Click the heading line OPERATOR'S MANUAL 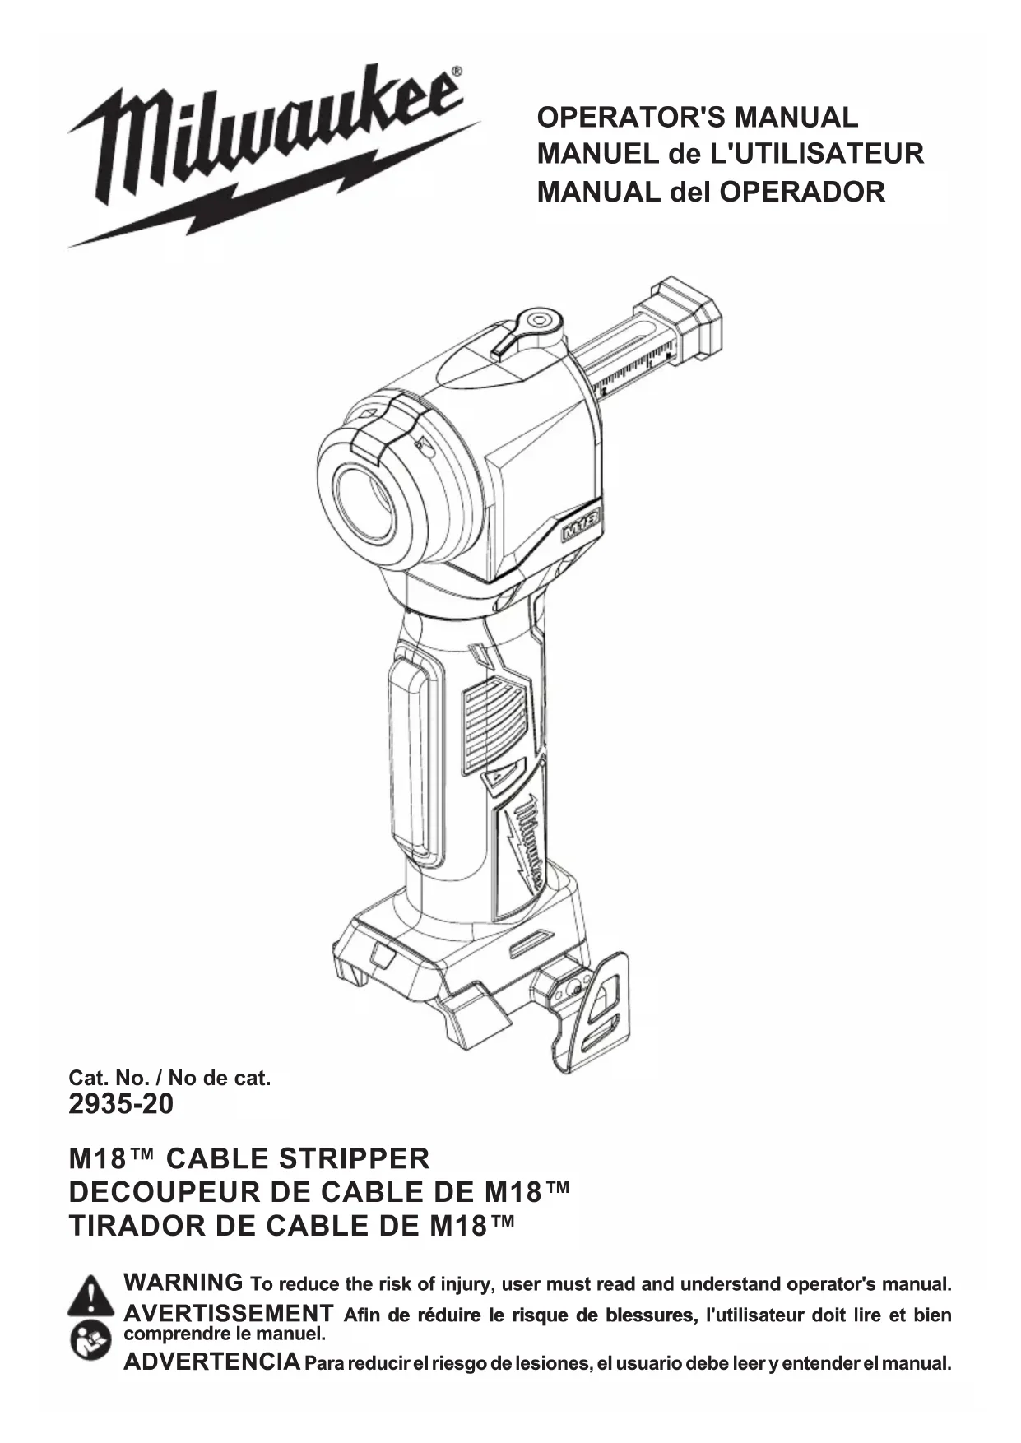(697, 117)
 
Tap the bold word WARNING (183, 1283)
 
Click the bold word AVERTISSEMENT (228, 1313)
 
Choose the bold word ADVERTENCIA (211, 1362)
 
